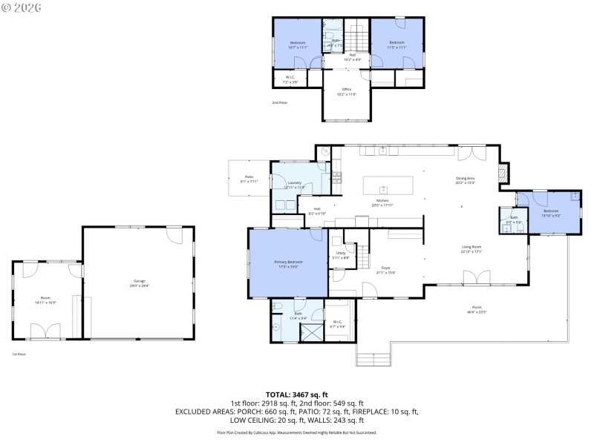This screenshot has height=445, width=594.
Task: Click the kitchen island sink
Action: pos(384,189)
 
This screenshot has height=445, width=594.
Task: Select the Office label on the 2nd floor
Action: pos(347,93)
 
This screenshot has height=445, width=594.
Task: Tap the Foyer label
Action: pos(386,271)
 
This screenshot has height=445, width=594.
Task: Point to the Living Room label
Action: pos(471,250)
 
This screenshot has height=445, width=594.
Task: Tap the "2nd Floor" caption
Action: pos(279,102)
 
